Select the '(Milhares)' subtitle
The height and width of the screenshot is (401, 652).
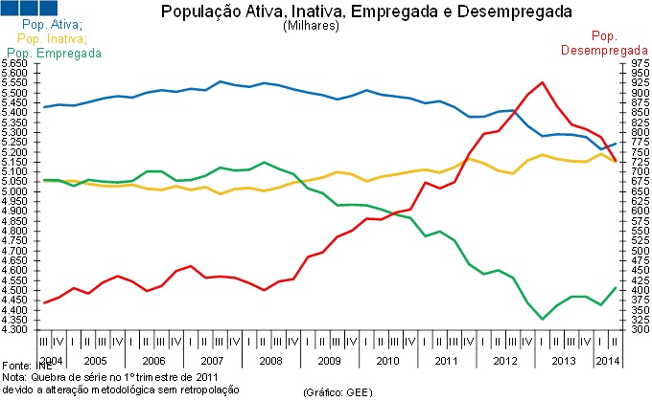pyautogui.click(x=313, y=27)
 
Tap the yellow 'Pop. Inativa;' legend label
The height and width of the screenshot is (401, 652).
pyautogui.click(x=52, y=38)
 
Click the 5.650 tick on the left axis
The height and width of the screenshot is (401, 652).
pyautogui.click(x=15, y=64)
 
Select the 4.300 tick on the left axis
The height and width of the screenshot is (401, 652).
pyautogui.click(x=15, y=330)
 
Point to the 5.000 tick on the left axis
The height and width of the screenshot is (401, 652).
pyautogui.click(x=15, y=192)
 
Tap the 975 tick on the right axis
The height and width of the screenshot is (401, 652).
pyautogui.click(x=636, y=64)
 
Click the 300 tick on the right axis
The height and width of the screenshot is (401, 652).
pyautogui.click(x=636, y=330)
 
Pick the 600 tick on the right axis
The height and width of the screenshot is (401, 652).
pyautogui.click(x=636, y=212)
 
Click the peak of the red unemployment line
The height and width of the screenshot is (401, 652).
pyautogui.click(x=543, y=82)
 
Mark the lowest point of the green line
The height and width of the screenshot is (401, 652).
pyautogui.click(x=543, y=320)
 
